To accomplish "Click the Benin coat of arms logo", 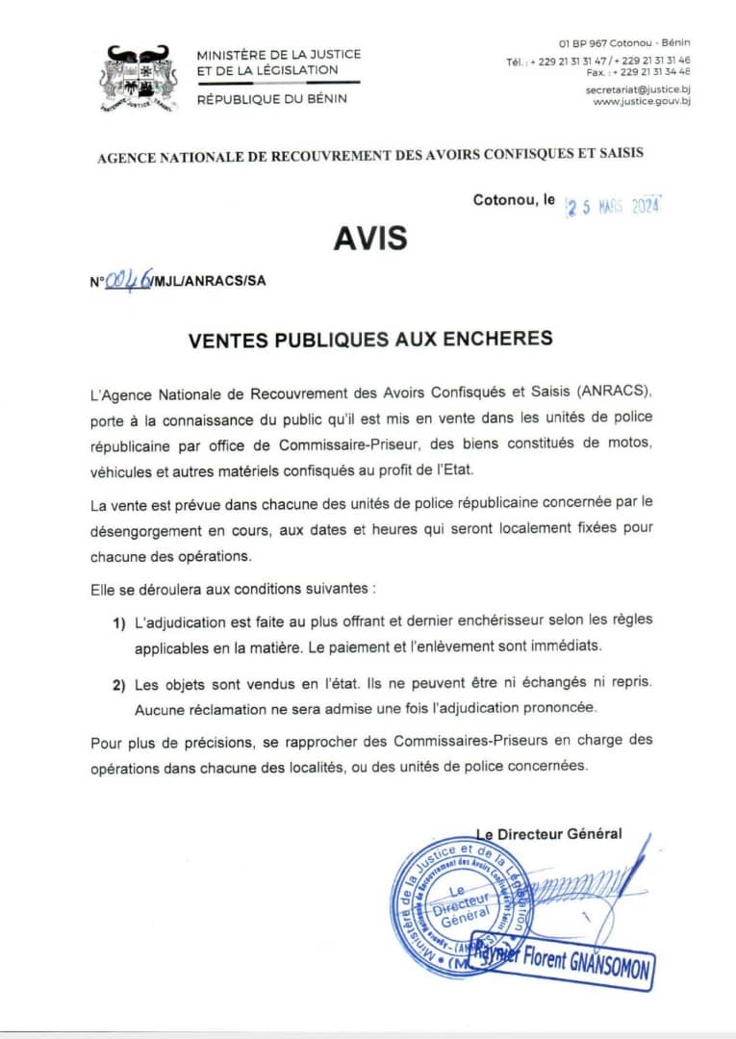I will pos(138,77).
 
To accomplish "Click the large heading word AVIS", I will pos(370,238).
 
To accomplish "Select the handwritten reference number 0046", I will pos(127,280).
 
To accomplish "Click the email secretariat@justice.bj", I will pos(638,89).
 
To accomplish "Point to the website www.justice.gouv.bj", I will pos(642,101).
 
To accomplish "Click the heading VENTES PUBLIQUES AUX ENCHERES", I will pos(370,338).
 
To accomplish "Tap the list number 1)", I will pos(119,623).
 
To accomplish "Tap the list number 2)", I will pos(119,685).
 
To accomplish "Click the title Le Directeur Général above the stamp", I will pos(549,834).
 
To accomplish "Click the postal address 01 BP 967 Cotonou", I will pos(624,42).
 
